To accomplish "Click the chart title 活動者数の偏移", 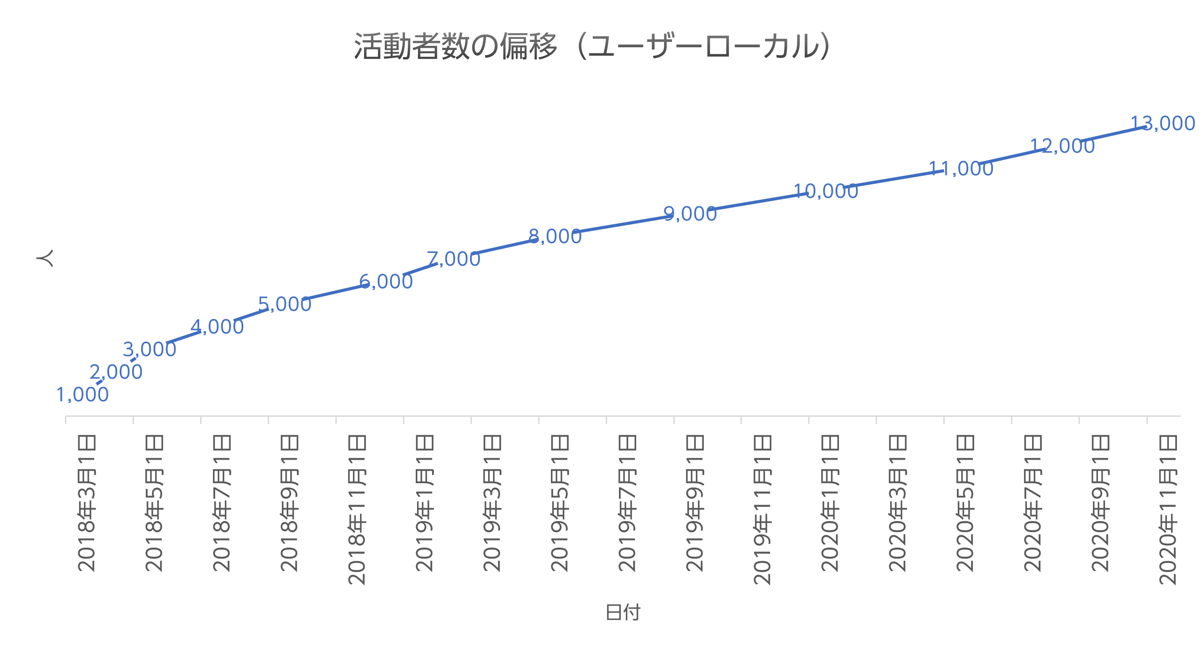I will coord(592,47).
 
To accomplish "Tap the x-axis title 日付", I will coord(622,612).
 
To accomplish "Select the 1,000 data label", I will coord(82,395).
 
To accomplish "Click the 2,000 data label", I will coord(116,372).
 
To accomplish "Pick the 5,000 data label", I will coord(285,304).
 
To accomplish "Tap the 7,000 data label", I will coord(453,259).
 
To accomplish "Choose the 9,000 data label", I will coord(690,214).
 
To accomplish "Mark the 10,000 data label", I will coord(826,191).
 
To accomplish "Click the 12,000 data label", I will coord(1063,146).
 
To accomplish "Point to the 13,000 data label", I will coord(1163,123).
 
